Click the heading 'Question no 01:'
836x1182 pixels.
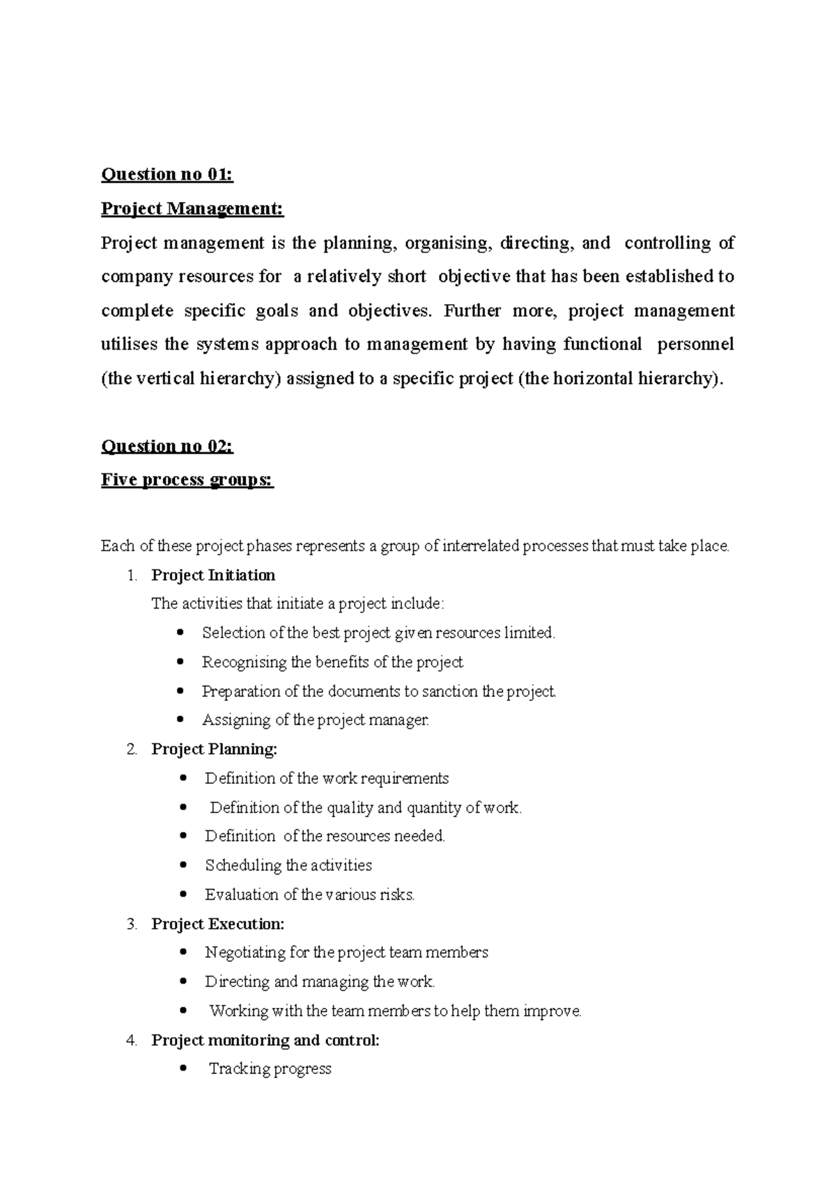point(167,175)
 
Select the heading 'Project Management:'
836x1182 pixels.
point(192,209)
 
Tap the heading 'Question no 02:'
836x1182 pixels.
point(167,446)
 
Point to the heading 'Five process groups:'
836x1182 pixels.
point(187,480)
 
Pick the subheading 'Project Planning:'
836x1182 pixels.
point(214,750)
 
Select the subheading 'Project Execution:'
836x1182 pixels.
point(217,924)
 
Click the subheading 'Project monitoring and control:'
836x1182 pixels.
point(265,1041)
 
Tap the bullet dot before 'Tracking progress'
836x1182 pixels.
point(183,1069)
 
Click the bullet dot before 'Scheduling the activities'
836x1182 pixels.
point(183,866)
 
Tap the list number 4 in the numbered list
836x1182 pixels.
point(132,1041)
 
